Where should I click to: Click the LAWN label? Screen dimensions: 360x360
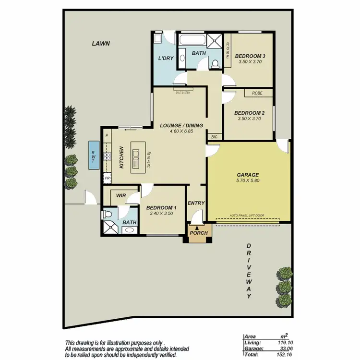coord(101,44)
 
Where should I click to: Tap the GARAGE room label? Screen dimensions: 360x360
coord(248,175)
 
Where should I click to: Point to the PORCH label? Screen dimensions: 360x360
coord(199,233)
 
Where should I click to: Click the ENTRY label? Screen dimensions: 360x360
coord(196,203)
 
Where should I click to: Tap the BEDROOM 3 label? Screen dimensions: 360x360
coord(250,56)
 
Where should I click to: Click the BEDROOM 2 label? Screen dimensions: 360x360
coord(250,113)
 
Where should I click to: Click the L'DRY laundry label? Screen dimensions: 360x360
coord(166,59)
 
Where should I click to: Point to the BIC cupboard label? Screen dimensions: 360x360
coord(214,137)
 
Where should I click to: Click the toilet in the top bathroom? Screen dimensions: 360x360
coord(216,62)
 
